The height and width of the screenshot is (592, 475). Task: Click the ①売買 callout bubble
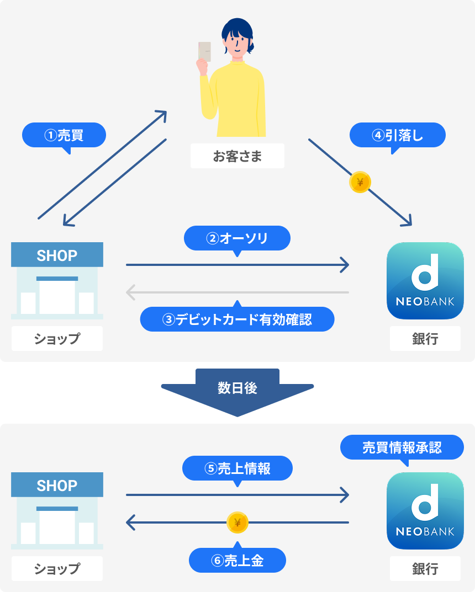click(64, 135)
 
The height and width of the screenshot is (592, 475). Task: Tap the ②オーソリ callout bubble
click(237, 238)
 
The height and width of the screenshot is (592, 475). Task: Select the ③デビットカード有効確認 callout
click(237, 319)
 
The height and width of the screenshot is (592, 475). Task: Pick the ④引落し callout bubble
click(398, 135)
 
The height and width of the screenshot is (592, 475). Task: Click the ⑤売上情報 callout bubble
click(237, 468)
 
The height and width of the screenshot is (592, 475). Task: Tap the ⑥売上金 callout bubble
click(237, 561)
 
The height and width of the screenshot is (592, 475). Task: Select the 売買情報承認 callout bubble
click(402, 447)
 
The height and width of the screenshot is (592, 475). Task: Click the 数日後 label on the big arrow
click(237, 388)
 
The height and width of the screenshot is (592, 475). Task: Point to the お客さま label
click(237, 156)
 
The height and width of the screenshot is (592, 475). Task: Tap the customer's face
click(236, 41)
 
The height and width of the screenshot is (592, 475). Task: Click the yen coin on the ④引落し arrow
click(360, 183)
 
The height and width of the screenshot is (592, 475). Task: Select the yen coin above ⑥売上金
click(237, 522)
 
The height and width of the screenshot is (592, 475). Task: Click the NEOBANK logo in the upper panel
click(425, 281)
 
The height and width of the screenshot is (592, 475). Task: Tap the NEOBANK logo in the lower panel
click(425, 511)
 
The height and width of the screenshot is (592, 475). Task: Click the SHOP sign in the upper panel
click(57, 255)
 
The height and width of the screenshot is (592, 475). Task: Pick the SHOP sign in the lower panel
click(57, 486)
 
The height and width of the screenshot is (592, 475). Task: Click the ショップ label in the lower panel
click(57, 569)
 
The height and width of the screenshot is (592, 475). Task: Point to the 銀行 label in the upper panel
click(425, 339)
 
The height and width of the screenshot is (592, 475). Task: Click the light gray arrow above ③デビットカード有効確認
click(237, 292)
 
